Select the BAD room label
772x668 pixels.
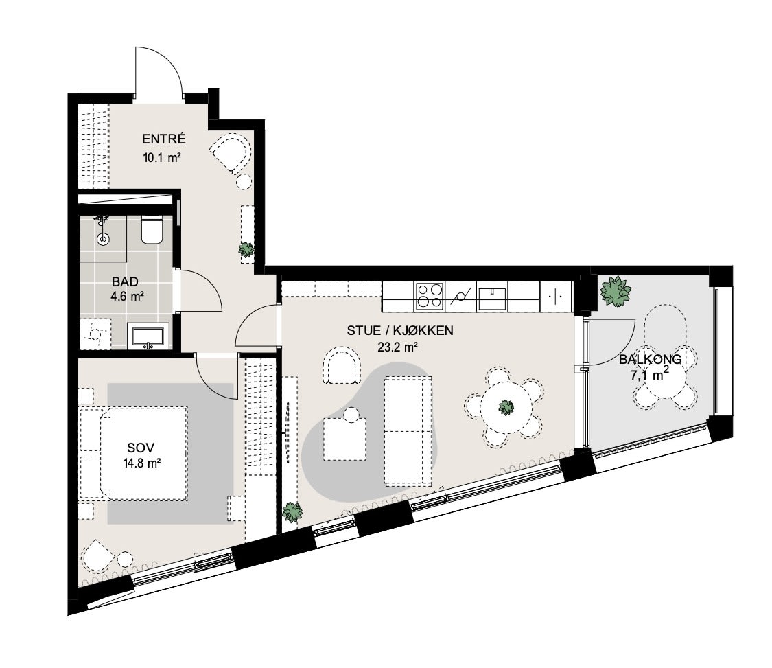pyautogui.click(x=125, y=281)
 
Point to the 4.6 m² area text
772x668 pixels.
pyautogui.click(x=127, y=297)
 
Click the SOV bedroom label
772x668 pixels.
pyautogui.click(x=141, y=448)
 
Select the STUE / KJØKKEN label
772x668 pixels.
pyautogui.click(x=400, y=330)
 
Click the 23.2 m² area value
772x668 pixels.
pyautogui.click(x=398, y=347)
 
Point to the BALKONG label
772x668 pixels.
pyautogui.click(x=650, y=359)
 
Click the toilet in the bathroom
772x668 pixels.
pyautogui.click(x=152, y=229)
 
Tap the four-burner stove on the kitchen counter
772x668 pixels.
pyautogui.click(x=430, y=296)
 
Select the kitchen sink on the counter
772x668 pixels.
pyautogui.click(x=492, y=297)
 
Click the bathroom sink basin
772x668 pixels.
pyautogui.click(x=149, y=336)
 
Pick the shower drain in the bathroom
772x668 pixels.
pyautogui.click(x=103, y=240)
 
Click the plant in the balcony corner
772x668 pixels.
pyautogui.click(x=614, y=291)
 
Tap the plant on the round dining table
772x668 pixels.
pyautogui.click(x=506, y=407)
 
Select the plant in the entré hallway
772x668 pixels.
pyautogui.click(x=246, y=250)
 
